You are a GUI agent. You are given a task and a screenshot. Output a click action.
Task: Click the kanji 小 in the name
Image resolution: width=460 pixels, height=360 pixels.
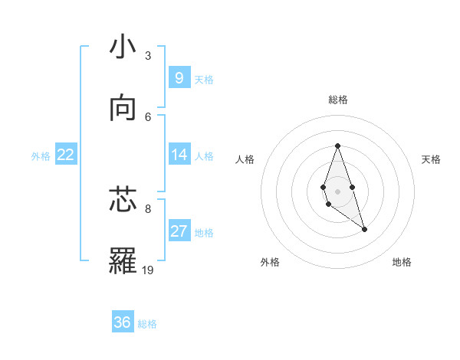point(123,47)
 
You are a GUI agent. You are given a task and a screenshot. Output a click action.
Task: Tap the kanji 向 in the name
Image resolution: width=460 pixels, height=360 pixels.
point(123,109)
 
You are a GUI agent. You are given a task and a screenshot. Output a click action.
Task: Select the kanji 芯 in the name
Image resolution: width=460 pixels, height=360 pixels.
point(123,200)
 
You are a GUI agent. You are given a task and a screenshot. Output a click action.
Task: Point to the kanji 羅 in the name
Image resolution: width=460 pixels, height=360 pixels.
point(123,261)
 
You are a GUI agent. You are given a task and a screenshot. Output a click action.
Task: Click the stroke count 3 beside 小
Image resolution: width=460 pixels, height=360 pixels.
point(148,55)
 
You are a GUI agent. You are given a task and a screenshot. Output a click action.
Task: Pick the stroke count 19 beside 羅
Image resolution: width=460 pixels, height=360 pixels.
point(149,270)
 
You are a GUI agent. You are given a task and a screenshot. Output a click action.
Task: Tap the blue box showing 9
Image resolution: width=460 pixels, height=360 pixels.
point(179,77)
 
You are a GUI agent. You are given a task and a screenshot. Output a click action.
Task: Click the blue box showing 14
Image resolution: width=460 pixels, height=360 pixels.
point(179,155)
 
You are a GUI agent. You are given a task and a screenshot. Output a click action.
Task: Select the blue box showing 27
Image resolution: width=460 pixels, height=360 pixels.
point(179,231)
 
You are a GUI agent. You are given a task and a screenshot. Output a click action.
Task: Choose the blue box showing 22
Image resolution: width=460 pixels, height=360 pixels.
point(66,155)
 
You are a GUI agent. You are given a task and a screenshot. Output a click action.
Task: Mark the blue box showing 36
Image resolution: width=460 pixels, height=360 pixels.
point(123,322)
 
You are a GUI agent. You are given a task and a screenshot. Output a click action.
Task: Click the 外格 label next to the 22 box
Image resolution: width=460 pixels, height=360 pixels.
point(41,155)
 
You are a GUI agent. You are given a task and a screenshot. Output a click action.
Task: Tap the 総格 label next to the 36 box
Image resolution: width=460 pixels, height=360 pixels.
point(147,324)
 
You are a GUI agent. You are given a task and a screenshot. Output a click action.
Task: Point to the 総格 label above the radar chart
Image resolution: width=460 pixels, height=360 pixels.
point(337,100)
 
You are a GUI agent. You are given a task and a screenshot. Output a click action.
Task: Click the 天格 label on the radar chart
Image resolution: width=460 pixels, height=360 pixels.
point(431,159)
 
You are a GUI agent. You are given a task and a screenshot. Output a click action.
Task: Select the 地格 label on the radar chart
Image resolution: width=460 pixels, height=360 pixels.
point(402,262)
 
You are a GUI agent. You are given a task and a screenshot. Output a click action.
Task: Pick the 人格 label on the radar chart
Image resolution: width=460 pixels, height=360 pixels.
point(245,159)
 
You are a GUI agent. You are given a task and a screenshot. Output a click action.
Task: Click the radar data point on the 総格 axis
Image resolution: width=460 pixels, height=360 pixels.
point(337,146)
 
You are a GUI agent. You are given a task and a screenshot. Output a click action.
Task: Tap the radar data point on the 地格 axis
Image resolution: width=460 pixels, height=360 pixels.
point(364,229)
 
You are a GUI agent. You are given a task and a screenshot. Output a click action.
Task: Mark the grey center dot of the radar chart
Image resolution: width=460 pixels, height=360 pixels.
point(337,191)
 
